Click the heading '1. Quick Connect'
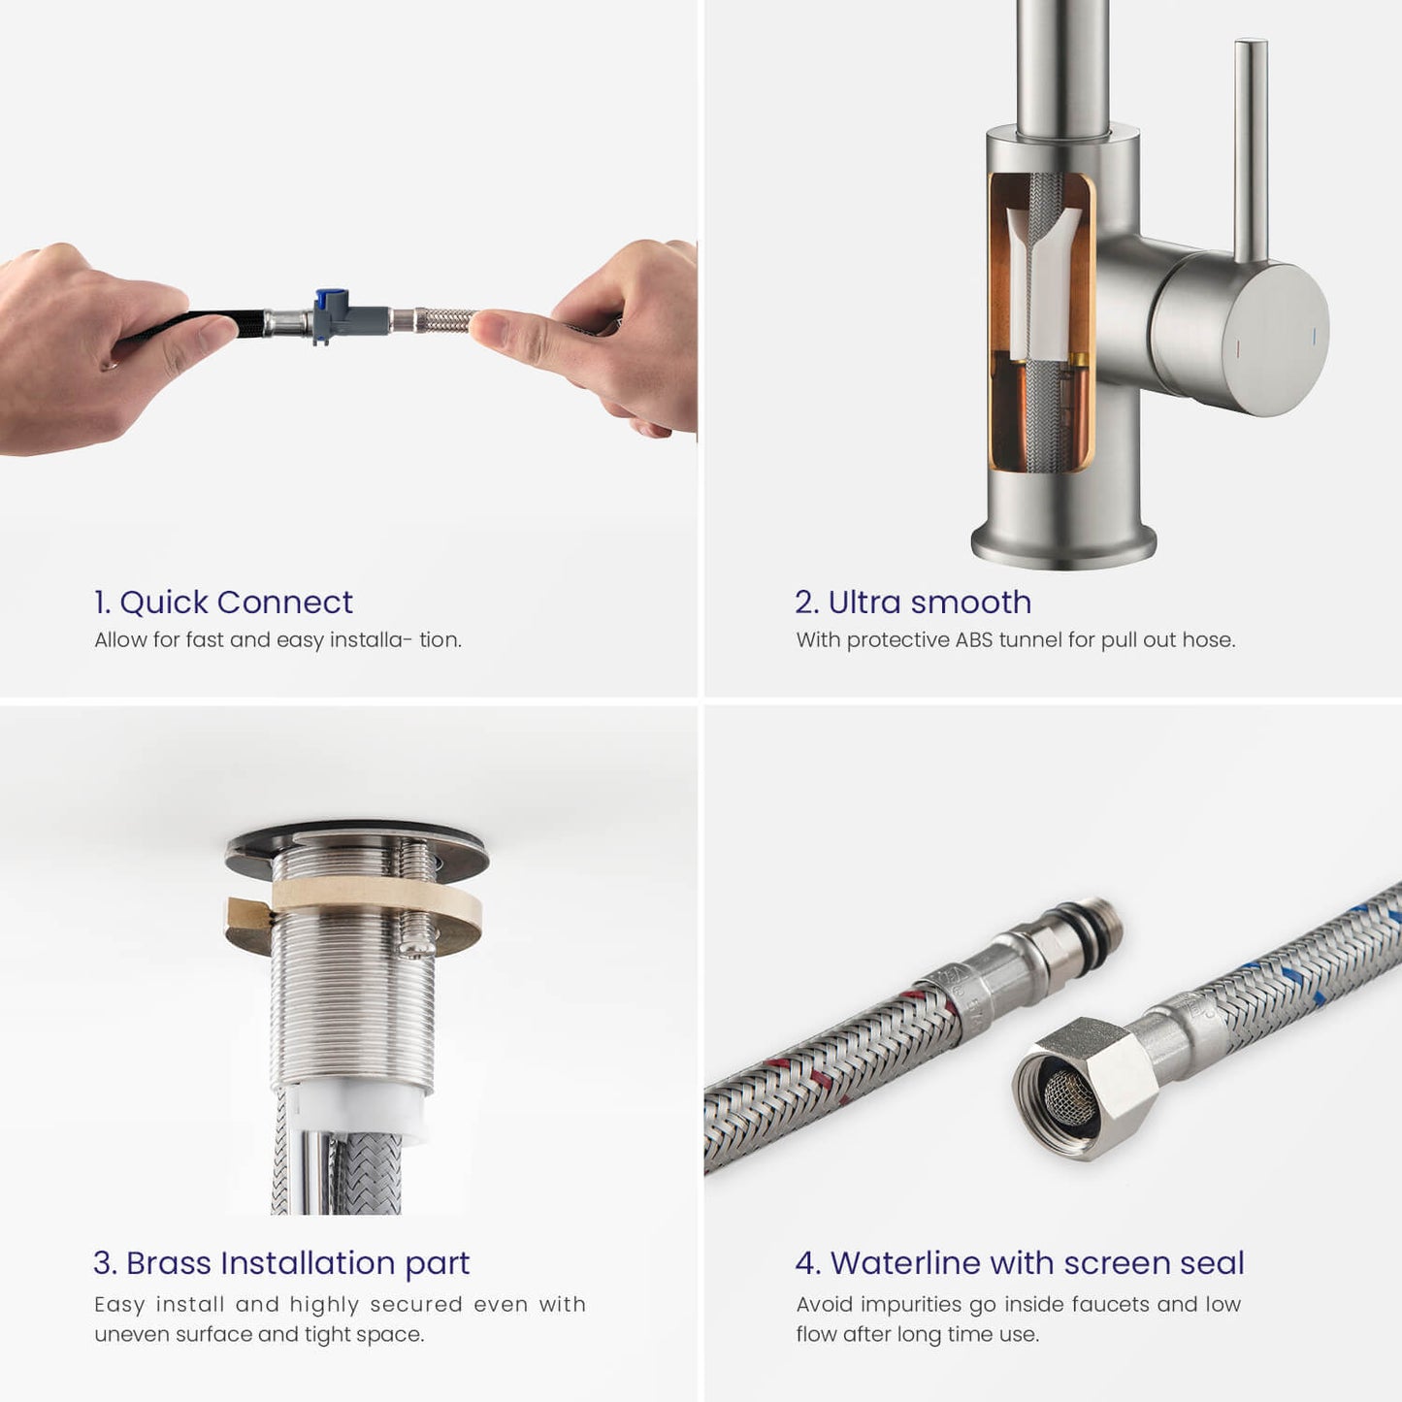[223, 603]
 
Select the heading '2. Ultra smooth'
[913, 603]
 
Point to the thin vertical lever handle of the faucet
[1251, 150]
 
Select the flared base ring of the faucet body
[1063, 544]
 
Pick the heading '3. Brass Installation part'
[281, 1263]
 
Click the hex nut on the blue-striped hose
[1075, 1086]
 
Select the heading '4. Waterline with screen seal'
[1020, 1263]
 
